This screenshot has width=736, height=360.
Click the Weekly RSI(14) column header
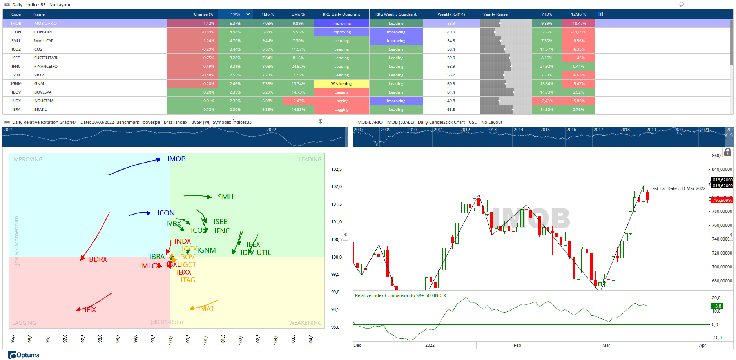coord(451,14)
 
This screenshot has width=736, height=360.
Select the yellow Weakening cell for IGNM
coord(341,84)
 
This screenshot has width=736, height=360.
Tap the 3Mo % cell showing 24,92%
coord(298,67)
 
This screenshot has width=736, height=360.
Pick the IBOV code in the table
coord(16,92)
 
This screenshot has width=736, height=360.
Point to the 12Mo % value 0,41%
coord(578,67)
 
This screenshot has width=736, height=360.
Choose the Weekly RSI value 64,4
coord(451,92)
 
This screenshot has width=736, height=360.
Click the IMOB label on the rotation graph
coord(176,159)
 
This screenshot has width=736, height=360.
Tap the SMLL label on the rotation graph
coord(227,197)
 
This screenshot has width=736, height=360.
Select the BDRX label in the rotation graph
coord(98,259)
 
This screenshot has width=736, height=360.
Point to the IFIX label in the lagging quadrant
coord(90,310)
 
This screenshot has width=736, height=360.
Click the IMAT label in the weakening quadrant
coord(206,309)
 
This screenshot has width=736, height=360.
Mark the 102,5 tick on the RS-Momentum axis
coord(336,170)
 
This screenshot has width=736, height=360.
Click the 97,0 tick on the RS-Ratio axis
coord(65,338)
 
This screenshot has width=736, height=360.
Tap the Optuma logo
coord(24,355)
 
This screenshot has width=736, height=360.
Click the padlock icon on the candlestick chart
coord(728,152)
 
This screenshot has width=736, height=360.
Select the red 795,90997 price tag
coord(722,200)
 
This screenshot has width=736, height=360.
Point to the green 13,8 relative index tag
coord(717,306)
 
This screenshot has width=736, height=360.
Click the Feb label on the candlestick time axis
coord(517,345)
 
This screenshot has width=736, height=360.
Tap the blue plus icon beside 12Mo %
coord(600,14)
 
